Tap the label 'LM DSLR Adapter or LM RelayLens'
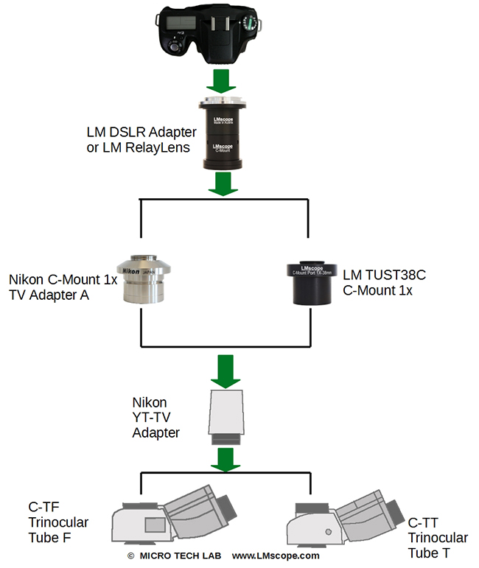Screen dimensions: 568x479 (141, 139)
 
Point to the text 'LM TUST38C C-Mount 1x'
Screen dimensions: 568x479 (385, 282)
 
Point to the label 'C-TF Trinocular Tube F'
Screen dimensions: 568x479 (58, 522)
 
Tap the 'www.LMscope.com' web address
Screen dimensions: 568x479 (276, 555)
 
